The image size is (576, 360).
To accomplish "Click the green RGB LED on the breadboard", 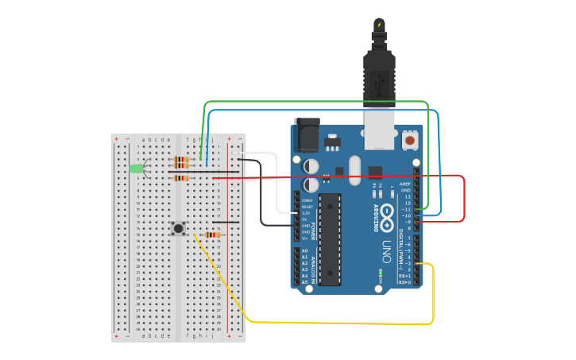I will click(136, 168).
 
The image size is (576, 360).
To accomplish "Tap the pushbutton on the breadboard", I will click(179, 229).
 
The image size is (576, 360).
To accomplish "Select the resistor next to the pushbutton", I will click(211, 234).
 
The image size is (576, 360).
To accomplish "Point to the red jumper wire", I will click(463, 199).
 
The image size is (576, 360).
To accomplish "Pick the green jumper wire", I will click(318, 102).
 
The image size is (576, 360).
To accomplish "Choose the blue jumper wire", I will click(318, 110).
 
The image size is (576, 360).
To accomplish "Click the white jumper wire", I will click(275, 183).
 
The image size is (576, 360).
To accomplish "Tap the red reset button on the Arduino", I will click(410, 141).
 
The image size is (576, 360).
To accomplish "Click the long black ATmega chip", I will click(330, 238).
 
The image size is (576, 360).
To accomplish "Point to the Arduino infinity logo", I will click(387, 213).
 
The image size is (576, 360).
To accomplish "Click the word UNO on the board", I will click(387, 246).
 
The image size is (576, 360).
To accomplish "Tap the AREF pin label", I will click(405, 184).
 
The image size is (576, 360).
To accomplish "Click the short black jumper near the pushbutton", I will click(225, 223).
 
